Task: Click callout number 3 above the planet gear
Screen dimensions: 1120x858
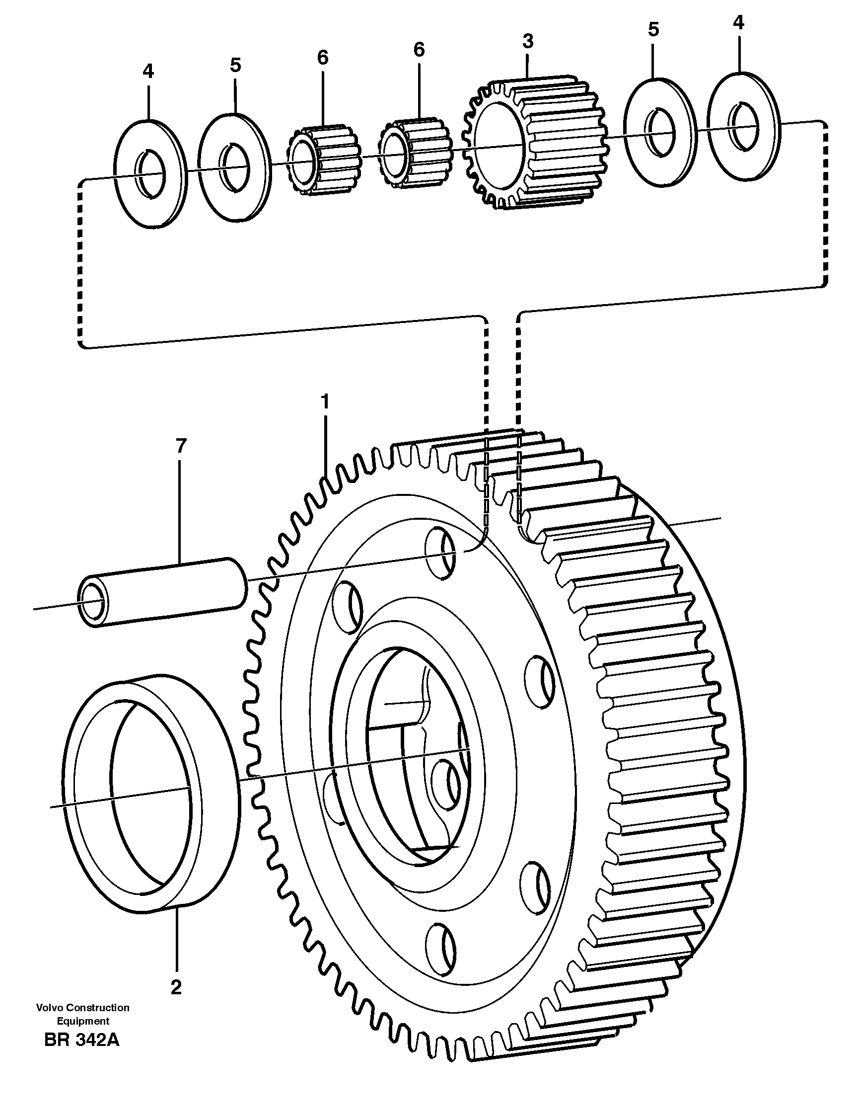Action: click(528, 41)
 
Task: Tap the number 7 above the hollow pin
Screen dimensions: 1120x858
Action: click(181, 446)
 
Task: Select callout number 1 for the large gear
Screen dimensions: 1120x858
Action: click(325, 401)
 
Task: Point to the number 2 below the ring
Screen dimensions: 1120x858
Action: click(176, 988)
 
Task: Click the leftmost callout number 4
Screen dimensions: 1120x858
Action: click(148, 72)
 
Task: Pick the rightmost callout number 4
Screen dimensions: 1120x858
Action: click(738, 22)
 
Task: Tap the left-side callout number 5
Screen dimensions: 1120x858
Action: click(235, 65)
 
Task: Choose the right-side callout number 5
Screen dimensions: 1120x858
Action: click(653, 30)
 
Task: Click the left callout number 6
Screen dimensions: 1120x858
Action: click(322, 58)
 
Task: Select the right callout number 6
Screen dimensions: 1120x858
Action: click(419, 50)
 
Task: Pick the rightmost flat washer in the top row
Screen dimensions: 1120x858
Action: click(745, 127)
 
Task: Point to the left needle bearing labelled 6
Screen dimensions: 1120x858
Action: click(323, 160)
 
